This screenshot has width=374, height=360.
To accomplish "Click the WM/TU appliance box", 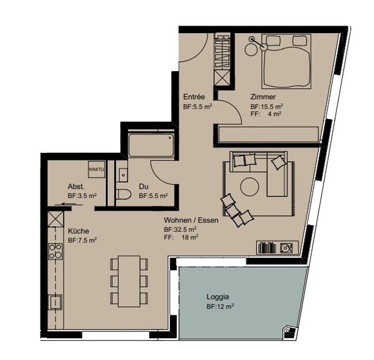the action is click(x=97, y=169).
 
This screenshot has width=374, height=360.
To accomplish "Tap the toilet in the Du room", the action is click(x=123, y=195).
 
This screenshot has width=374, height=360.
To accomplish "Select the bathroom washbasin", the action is click(x=123, y=175).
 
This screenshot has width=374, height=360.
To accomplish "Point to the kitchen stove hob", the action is click(x=55, y=251).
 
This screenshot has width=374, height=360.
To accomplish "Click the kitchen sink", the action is click(x=55, y=302).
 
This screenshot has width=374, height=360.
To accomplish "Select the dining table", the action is click(x=129, y=281).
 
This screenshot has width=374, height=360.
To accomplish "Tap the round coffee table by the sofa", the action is click(x=250, y=187).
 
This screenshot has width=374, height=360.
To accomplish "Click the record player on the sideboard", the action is click(x=285, y=248).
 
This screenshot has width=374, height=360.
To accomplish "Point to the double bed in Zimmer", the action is click(x=287, y=61).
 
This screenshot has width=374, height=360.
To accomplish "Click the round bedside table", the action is click(x=251, y=50).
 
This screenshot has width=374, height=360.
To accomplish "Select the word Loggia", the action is click(x=218, y=297).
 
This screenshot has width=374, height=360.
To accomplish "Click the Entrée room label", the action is click(x=194, y=97).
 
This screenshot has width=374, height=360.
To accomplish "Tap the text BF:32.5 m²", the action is click(x=180, y=230).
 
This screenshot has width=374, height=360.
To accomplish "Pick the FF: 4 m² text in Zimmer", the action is click(x=266, y=114).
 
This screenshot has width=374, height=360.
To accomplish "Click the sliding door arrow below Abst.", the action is click(x=69, y=204).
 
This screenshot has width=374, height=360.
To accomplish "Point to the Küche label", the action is click(x=79, y=231).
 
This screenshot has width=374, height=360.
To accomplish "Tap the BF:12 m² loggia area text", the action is click(x=220, y=307).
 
